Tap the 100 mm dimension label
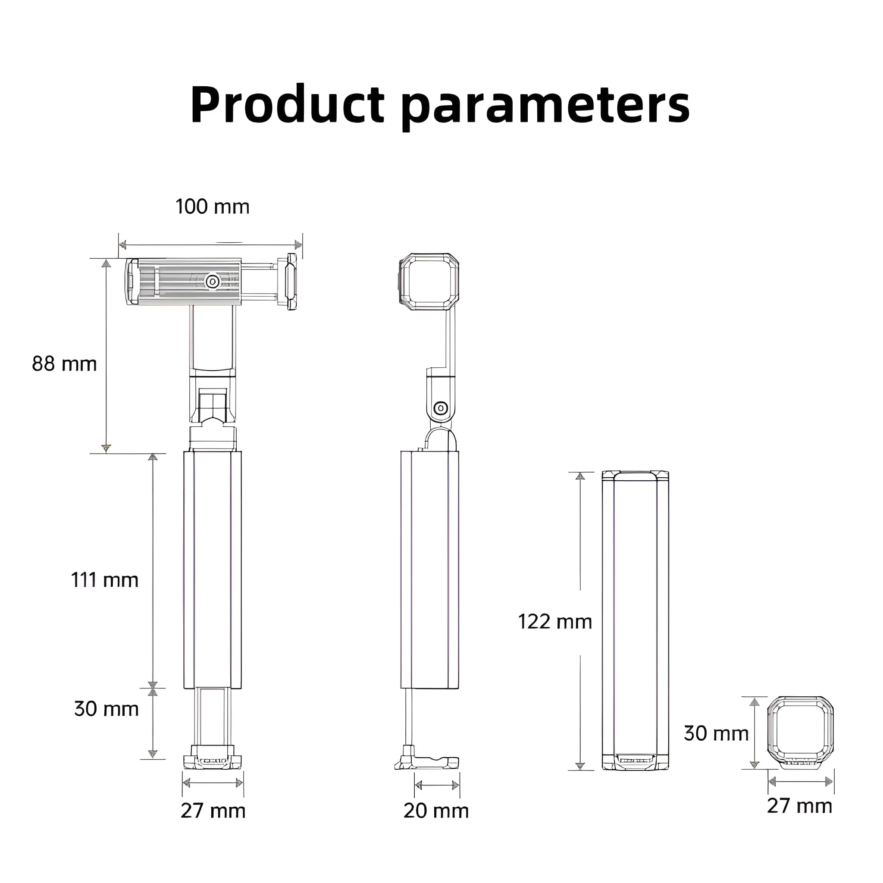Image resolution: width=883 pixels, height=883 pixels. coord(213,207)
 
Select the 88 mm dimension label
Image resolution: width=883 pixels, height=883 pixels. coord(64,364)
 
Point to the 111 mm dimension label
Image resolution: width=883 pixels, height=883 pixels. coord(105,580)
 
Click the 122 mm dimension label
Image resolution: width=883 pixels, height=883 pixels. coord(555,622)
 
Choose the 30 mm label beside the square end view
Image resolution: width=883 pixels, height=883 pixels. coord(716,733)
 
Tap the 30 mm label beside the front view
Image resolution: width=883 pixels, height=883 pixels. coord(106,708)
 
